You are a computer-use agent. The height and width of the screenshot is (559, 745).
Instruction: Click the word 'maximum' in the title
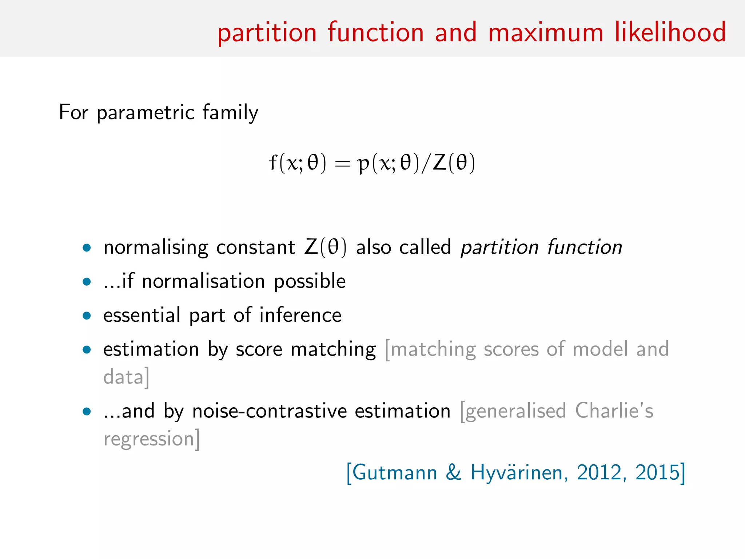[546, 33]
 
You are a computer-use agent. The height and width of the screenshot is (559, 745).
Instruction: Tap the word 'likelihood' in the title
[670, 32]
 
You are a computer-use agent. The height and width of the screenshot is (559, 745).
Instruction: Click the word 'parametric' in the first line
[146, 113]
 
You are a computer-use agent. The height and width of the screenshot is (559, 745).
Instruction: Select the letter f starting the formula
[273, 162]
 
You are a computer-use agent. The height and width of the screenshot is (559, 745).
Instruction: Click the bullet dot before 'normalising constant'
[87, 248]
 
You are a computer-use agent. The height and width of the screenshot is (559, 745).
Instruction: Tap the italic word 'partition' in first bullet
[499, 247]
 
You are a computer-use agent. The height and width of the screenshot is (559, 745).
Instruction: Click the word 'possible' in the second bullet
[310, 282]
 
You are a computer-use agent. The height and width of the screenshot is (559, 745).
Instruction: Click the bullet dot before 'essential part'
[87, 316]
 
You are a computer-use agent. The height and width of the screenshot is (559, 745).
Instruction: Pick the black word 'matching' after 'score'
[333, 349]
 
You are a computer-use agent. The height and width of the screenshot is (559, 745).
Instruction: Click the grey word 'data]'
[126, 377]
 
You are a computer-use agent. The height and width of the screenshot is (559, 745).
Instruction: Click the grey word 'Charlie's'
[614, 411]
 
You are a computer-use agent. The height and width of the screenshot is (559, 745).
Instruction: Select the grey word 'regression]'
[152, 439]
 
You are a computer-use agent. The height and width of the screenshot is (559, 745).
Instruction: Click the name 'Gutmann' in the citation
[394, 473]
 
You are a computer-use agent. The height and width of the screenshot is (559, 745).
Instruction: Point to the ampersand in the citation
[454, 473]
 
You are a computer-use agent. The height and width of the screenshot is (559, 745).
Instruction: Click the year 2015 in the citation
[657, 473]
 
